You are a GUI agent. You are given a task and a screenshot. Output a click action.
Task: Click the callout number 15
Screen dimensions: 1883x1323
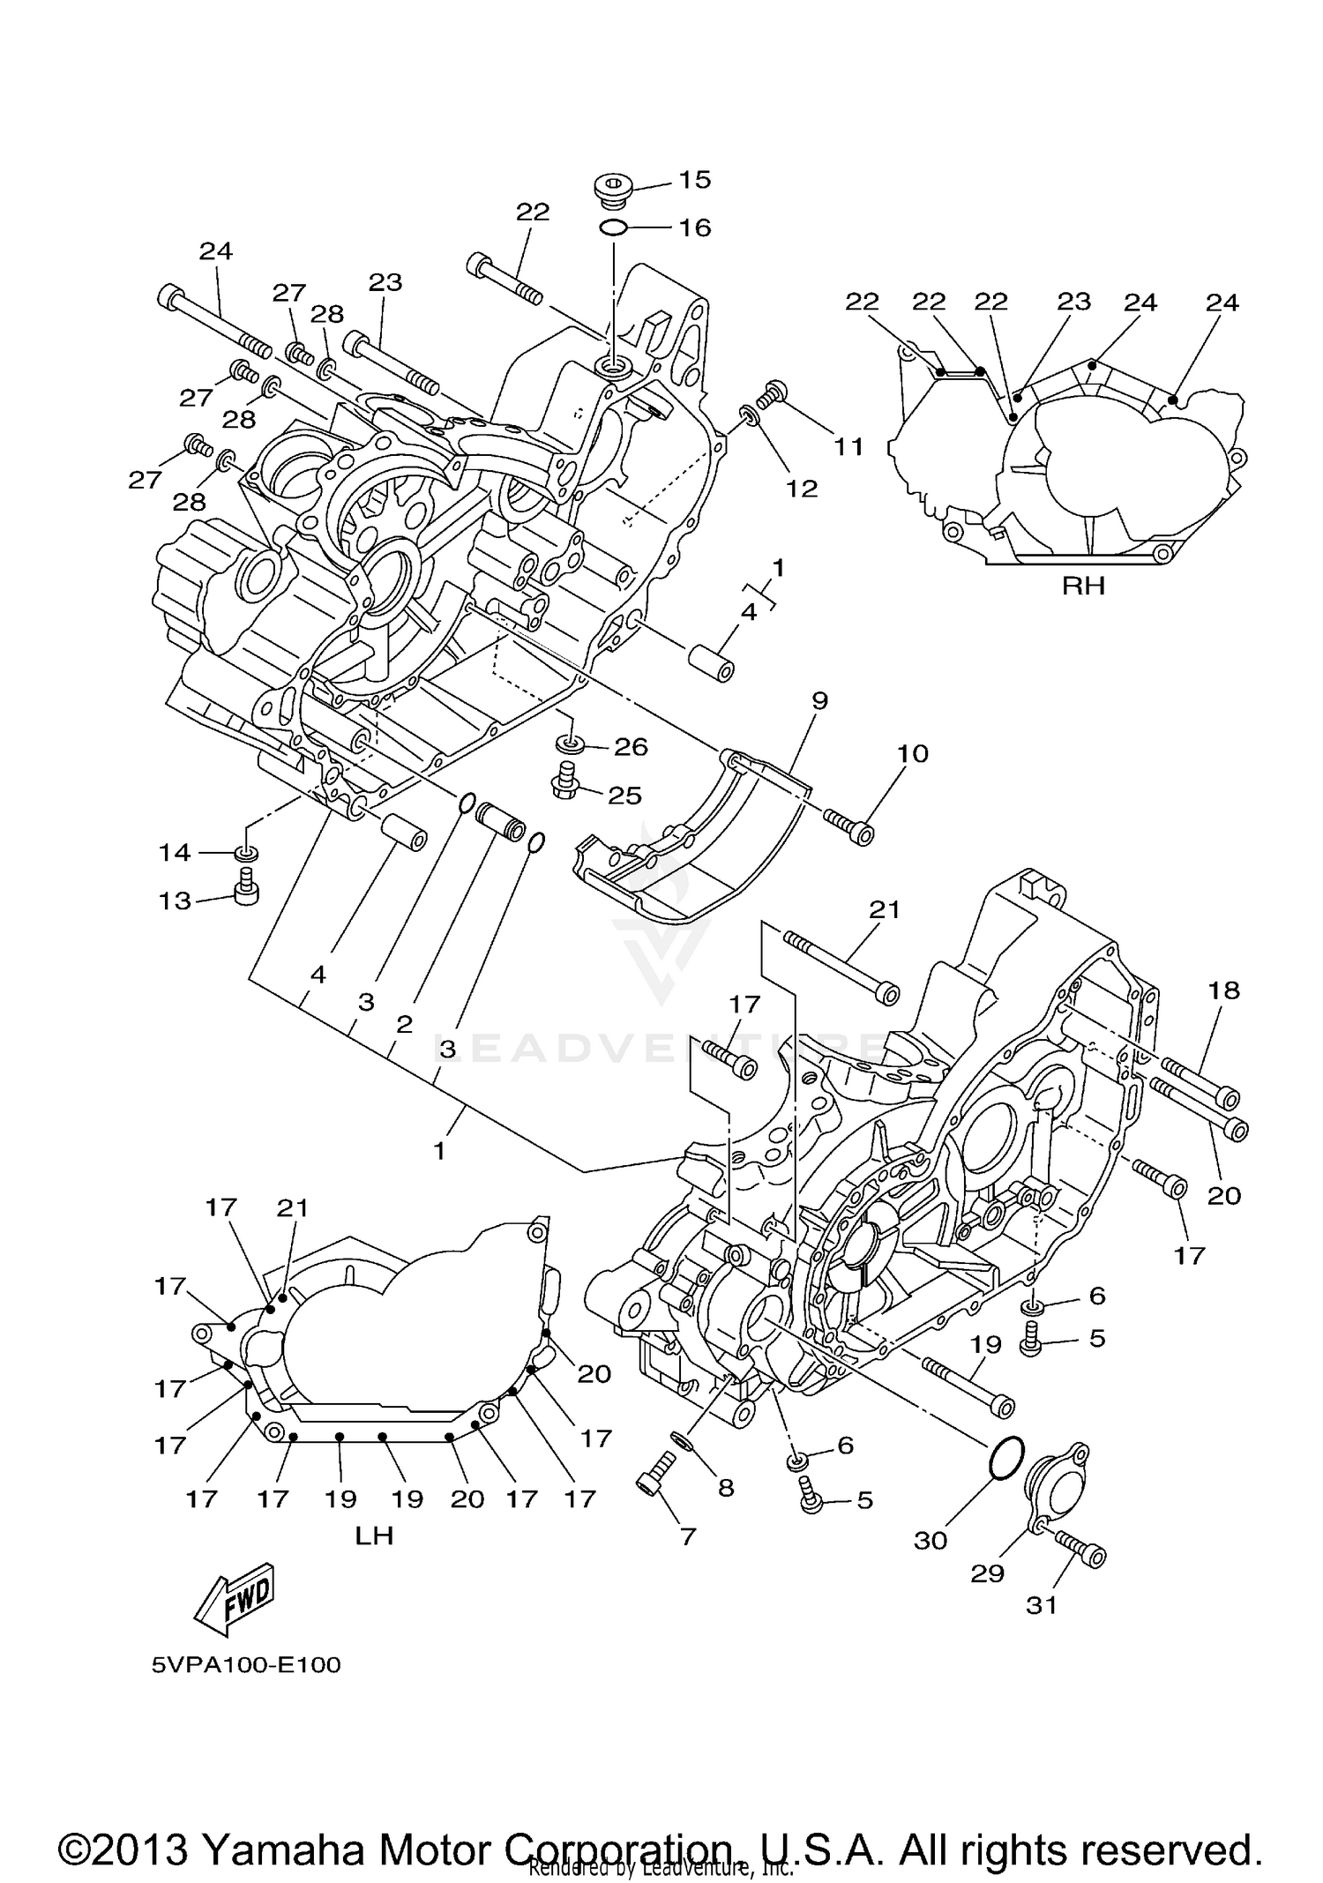point(695,180)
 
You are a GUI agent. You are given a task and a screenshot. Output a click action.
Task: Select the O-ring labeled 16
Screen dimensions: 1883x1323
point(613,228)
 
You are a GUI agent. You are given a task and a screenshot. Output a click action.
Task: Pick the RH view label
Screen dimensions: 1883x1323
point(1083,586)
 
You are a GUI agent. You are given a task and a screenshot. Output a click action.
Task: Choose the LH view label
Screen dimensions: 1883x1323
point(374,1536)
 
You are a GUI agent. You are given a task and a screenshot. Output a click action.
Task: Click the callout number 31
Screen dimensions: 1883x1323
point(1042,1605)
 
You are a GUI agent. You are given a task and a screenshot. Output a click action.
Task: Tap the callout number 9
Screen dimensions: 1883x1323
point(819,701)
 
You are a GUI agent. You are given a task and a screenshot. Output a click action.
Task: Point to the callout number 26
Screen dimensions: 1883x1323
point(631,747)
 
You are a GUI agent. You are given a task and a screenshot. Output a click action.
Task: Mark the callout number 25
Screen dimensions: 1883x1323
point(624,796)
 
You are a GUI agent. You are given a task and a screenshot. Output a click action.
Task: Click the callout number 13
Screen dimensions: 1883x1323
point(175,900)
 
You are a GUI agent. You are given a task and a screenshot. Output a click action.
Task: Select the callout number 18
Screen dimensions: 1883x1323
point(1224,990)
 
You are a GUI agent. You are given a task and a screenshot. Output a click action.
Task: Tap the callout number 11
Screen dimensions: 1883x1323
point(848,447)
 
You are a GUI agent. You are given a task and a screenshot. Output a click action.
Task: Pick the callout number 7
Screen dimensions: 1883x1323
point(688,1536)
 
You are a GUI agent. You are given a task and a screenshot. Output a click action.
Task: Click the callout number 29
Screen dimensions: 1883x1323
point(987,1573)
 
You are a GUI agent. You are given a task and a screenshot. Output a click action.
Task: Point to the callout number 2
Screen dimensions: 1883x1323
point(404,1024)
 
